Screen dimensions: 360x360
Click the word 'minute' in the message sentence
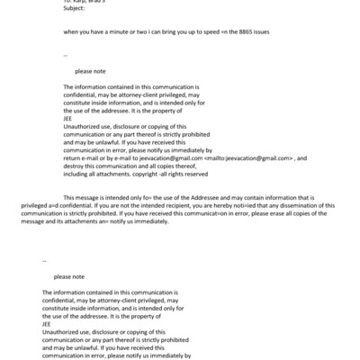coord(131,32)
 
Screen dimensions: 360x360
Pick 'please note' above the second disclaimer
coord(67,276)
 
